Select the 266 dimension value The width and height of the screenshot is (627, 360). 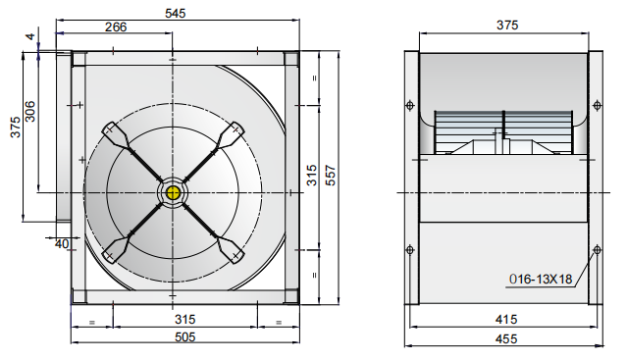[x=116, y=27]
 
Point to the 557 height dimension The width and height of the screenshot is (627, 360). [x=332, y=175]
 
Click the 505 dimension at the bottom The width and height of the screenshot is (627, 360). [x=184, y=337]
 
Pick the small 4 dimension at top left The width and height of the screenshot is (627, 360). [x=30, y=37]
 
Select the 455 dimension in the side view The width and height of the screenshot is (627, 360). [x=506, y=339]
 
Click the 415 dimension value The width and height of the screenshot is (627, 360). [x=506, y=320]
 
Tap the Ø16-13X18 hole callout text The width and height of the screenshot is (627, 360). [x=540, y=279]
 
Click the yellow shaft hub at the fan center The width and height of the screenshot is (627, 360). [x=175, y=191]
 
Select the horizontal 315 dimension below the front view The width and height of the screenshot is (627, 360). [x=184, y=320]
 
